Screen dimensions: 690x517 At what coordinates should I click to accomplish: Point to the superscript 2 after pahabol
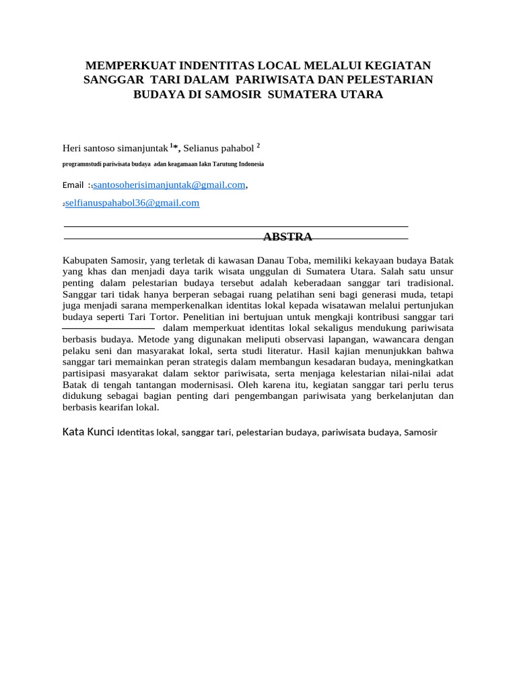tap(258, 145)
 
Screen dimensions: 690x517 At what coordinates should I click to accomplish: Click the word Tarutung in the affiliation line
tap(217, 164)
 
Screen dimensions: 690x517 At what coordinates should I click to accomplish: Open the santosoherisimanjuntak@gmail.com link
tap(169, 185)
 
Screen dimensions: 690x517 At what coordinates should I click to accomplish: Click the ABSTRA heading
tap(287, 237)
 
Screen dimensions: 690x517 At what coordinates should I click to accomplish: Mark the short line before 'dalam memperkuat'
tap(108, 327)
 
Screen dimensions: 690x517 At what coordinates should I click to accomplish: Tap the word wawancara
tap(388, 339)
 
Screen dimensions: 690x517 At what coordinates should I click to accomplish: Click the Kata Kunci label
tap(88, 431)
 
